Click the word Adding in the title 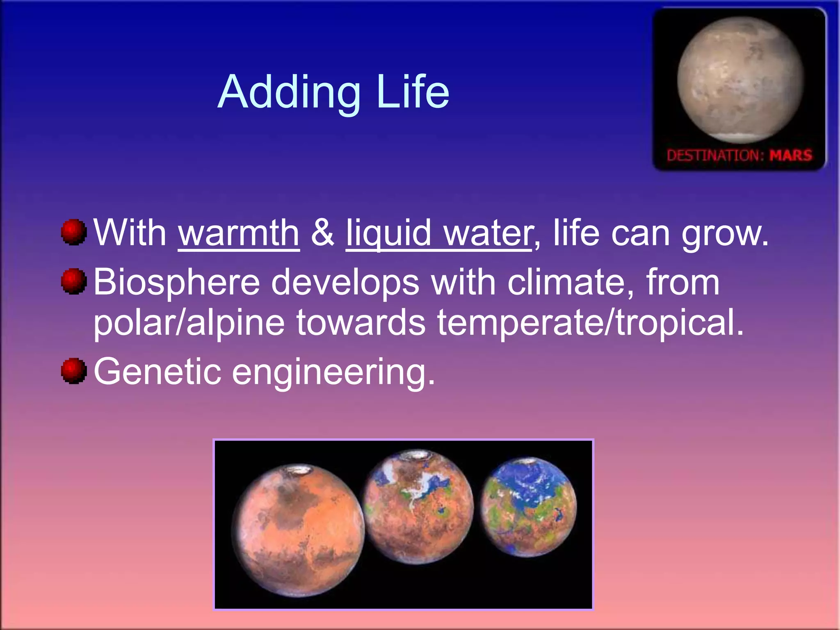click(x=289, y=92)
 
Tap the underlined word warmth click(x=239, y=233)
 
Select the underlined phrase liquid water click(x=439, y=233)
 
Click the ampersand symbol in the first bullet click(x=322, y=233)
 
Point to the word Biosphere click(x=176, y=282)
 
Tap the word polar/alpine click(x=189, y=322)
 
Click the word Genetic click(x=157, y=371)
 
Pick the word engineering click(x=333, y=372)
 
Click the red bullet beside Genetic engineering click(x=74, y=371)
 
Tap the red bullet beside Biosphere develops click(x=74, y=281)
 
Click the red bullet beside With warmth click(x=74, y=232)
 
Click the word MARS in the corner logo click(x=790, y=155)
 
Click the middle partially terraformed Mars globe click(x=418, y=507)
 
